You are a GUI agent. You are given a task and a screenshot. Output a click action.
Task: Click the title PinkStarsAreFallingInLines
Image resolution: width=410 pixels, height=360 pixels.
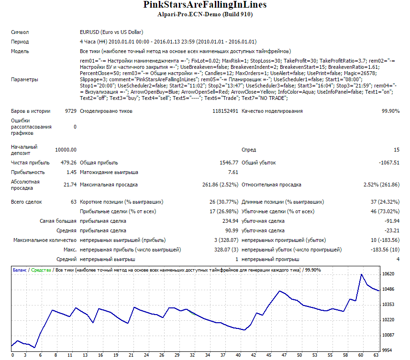(x=205, y=5)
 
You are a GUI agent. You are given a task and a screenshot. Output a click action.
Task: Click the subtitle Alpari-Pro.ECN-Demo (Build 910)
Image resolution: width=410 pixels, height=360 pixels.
(x=205, y=14)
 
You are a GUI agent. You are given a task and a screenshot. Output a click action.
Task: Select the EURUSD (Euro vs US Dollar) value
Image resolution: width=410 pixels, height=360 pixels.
(x=111, y=32)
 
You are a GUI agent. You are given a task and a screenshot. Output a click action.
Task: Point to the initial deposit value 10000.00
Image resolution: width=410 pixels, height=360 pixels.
(x=66, y=150)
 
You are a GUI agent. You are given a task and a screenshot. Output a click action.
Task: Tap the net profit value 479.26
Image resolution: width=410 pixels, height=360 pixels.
(x=68, y=163)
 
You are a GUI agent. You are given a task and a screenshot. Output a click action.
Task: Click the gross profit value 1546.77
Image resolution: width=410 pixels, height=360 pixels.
(x=229, y=163)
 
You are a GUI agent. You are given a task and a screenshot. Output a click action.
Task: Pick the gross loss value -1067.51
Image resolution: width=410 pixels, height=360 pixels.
(x=389, y=163)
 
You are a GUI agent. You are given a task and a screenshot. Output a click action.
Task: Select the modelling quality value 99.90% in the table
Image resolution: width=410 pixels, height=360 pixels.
(x=391, y=111)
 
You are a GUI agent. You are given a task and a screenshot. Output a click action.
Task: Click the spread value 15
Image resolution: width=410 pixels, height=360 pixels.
(x=397, y=150)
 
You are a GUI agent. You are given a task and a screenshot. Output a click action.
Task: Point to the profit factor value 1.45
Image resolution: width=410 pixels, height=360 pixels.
(x=71, y=172)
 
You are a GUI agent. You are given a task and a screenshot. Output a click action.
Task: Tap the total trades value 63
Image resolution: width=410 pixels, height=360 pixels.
(x=74, y=202)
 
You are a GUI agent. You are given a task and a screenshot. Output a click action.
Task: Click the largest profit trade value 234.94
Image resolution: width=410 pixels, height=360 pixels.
(x=231, y=221)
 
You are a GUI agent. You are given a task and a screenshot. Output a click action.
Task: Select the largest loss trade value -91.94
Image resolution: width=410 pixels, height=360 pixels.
(x=392, y=221)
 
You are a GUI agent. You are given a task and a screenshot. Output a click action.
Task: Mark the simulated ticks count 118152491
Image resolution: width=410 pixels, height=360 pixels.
(x=225, y=111)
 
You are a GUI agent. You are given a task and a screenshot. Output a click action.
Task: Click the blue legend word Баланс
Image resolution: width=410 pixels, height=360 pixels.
(x=20, y=270)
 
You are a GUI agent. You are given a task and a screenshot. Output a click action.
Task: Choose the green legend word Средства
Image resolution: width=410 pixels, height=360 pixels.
(x=41, y=270)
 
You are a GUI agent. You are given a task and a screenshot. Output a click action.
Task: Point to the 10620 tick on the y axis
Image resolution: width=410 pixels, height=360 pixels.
(x=388, y=274)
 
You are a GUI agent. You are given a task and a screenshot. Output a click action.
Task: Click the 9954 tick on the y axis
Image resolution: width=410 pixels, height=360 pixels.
(x=387, y=350)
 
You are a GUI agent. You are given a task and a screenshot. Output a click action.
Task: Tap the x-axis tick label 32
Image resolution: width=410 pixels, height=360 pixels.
(x=192, y=355)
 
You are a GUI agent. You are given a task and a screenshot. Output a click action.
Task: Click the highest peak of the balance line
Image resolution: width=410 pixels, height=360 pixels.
(x=361, y=274)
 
